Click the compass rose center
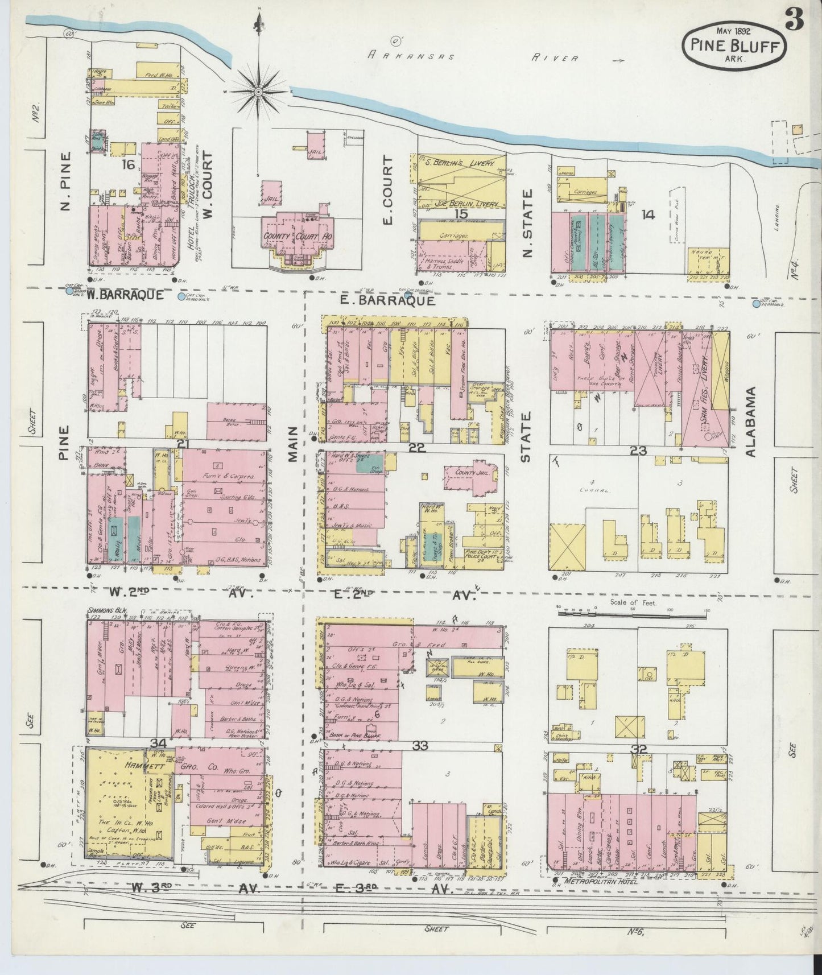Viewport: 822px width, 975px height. pyautogui.click(x=258, y=91)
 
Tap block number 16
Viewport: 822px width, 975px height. pyautogui.click(x=129, y=165)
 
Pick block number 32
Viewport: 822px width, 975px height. pyautogui.click(x=638, y=749)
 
